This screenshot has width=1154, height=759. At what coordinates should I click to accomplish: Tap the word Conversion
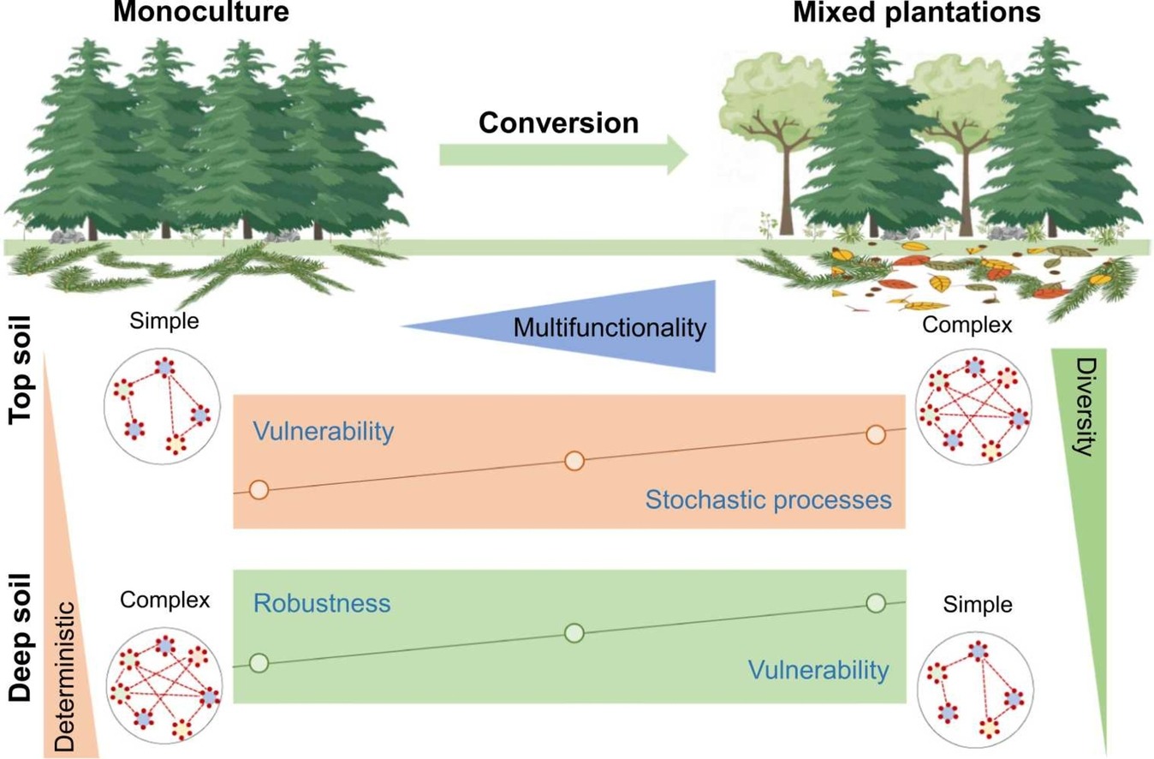(x=558, y=123)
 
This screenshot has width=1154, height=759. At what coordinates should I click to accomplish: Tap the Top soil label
(x=21, y=369)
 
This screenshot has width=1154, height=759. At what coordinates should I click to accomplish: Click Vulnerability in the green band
(x=817, y=670)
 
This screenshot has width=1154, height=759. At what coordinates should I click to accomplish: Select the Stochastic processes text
(x=768, y=499)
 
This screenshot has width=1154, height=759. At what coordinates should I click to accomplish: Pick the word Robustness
(x=322, y=603)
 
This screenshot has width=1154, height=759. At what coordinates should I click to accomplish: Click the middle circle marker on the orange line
(x=574, y=462)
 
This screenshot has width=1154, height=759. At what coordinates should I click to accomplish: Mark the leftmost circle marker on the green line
(x=259, y=663)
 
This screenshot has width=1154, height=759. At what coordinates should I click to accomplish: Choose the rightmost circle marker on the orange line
(x=875, y=434)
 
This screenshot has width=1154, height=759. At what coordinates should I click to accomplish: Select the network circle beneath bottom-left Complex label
(x=163, y=688)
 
